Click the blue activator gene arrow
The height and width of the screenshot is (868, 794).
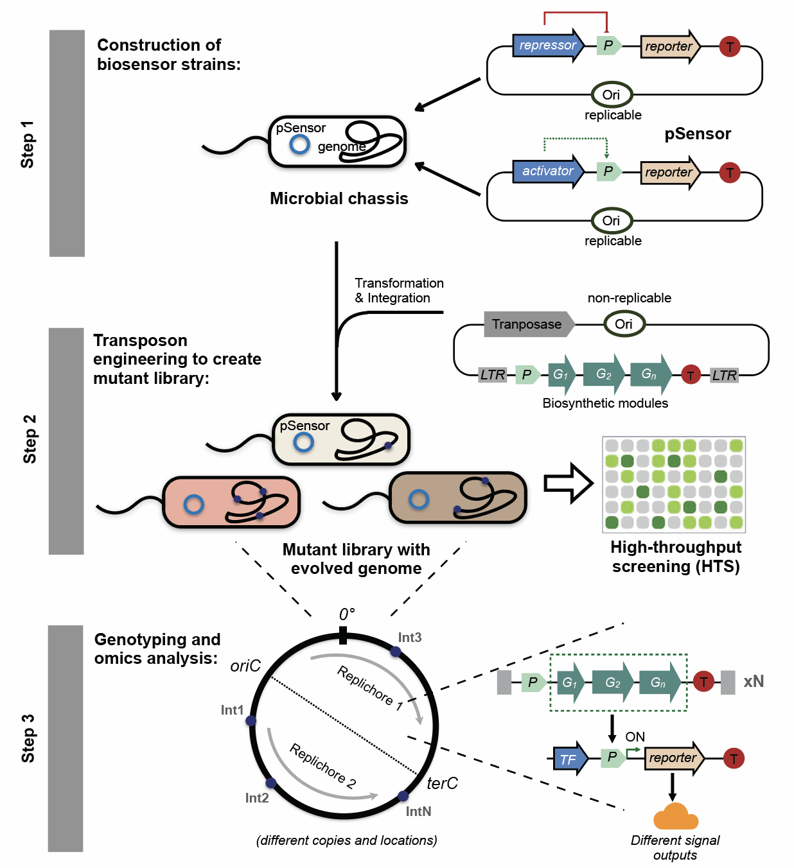click(x=547, y=171)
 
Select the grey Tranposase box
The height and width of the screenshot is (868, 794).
click(x=527, y=324)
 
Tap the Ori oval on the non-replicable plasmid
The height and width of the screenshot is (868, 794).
click(x=624, y=324)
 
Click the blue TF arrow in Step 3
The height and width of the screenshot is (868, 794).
click(x=570, y=759)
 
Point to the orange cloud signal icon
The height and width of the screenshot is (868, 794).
click(x=675, y=817)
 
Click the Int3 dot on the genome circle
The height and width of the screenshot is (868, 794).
click(x=396, y=652)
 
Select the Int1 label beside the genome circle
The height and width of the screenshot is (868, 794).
click(x=232, y=710)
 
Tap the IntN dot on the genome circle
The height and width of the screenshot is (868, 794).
click(x=403, y=796)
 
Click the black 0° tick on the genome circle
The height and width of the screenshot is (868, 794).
click(x=343, y=636)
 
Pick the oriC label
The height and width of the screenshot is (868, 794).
click(x=245, y=666)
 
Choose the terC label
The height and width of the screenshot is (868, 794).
click(x=442, y=783)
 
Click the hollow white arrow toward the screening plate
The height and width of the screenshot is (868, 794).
click(x=568, y=483)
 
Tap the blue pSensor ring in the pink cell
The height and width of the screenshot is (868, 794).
click(x=193, y=505)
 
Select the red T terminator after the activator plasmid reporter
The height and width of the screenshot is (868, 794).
click(x=729, y=173)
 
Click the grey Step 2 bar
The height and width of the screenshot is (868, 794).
click(x=66, y=441)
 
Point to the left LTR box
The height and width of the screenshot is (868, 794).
click(x=493, y=375)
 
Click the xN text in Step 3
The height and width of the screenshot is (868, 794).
click(x=754, y=682)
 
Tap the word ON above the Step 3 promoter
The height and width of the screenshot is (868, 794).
click(x=635, y=737)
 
